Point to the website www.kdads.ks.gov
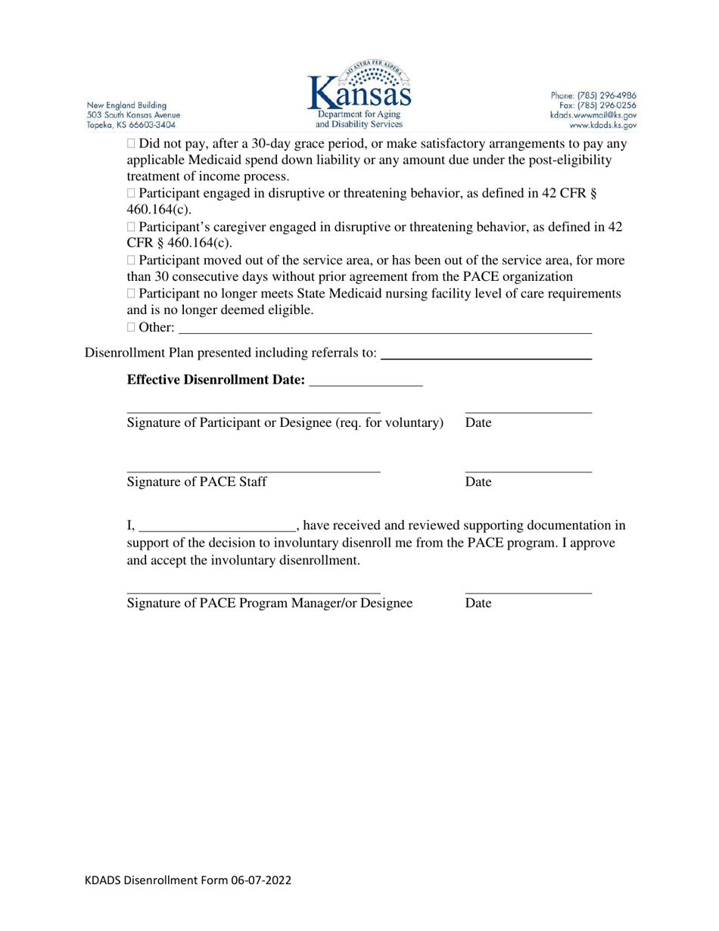(602, 125)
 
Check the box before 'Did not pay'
(132, 144)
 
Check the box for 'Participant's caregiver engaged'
(132, 227)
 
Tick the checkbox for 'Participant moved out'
(132, 260)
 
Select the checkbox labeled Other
(132, 328)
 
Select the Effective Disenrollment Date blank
(366, 385)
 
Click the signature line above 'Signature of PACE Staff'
(254, 472)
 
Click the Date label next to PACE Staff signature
(478, 482)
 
